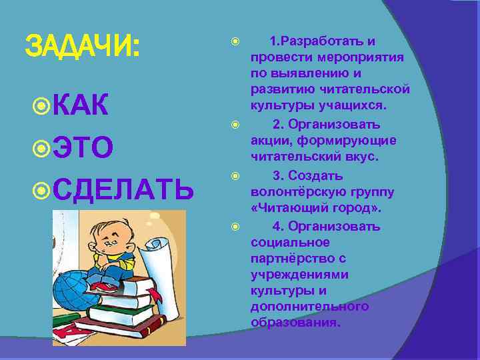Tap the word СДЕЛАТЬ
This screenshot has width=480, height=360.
click(123, 190)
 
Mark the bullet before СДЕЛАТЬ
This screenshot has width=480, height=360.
click(41, 190)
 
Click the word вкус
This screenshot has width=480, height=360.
click(361, 157)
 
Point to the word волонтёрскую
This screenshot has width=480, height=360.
click(297, 192)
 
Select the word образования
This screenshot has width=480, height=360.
click(295, 322)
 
